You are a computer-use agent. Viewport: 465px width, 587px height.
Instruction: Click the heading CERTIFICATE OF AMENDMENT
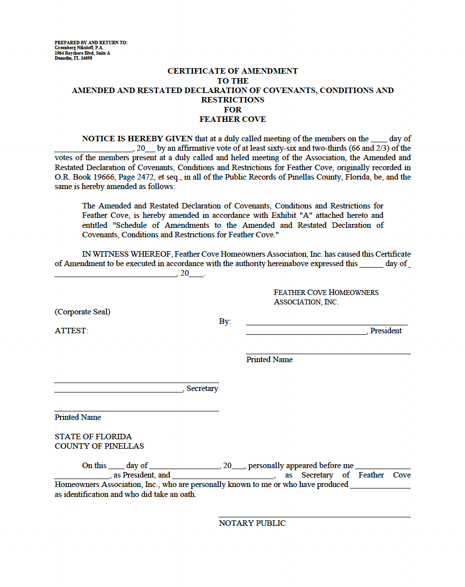(232, 71)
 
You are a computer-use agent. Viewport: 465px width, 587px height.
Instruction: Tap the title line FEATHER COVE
(232, 119)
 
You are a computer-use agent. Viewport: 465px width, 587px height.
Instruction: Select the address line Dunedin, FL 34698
(73, 58)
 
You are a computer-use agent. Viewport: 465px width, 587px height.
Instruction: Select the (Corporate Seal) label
(83, 312)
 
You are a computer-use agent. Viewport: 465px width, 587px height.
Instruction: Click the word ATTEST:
(71, 331)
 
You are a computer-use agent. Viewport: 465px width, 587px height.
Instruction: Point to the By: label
(225, 321)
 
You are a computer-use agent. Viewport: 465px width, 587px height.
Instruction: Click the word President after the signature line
(386, 331)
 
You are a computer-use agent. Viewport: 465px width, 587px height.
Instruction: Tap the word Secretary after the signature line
(202, 389)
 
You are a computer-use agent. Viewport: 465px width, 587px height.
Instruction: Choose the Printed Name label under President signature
(269, 360)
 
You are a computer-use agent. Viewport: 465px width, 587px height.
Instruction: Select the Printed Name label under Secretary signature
(78, 417)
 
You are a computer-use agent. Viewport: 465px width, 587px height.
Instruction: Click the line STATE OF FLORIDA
(93, 437)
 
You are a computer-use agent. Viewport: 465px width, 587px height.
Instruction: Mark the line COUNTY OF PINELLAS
(99, 446)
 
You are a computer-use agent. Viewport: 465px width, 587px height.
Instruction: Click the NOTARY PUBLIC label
(252, 523)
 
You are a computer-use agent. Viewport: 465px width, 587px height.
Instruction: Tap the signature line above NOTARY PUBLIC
(315, 517)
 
